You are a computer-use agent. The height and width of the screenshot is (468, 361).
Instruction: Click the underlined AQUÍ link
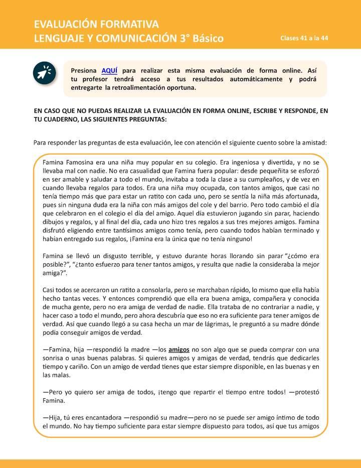(x=110, y=70)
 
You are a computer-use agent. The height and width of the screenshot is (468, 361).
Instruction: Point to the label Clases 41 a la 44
(x=304, y=38)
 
